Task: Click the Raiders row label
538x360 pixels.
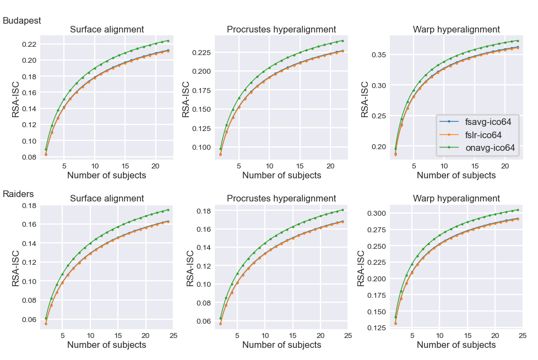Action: (x=19, y=194)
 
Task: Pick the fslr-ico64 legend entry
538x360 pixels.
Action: (x=485, y=134)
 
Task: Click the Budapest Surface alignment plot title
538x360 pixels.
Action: (x=107, y=30)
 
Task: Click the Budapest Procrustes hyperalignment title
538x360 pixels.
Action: (x=281, y=30)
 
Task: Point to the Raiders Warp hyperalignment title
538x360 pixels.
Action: (x=457, y=198)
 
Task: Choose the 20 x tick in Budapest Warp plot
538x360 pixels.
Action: (x=504, y=166)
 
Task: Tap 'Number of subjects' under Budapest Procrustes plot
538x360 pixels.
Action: (x=281, y=176)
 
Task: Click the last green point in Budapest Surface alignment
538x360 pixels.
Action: (x=168, y=41)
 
